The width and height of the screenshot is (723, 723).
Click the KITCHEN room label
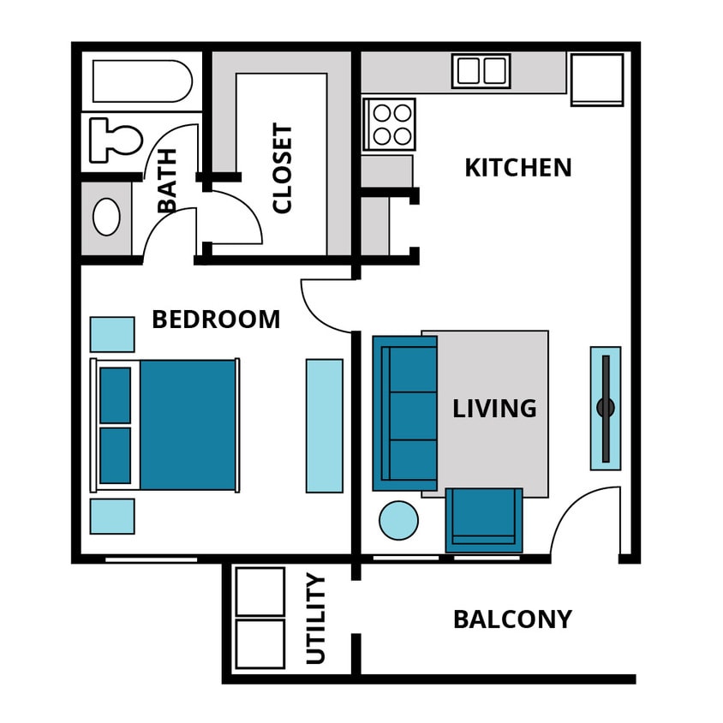(517, 168)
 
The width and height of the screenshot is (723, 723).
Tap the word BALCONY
(512, 619)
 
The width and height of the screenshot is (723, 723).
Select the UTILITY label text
(316, 619)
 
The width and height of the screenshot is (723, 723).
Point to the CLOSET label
(282, 169)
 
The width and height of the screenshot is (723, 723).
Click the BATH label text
(167, 180)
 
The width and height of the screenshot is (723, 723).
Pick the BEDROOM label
(216, 320)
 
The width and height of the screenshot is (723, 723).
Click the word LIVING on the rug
(494, 409)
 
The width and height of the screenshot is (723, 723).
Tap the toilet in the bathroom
(115, 140)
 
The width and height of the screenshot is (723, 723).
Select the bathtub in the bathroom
(141, 81)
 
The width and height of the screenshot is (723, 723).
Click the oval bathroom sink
(106, 217)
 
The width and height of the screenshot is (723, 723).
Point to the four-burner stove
(389, 124)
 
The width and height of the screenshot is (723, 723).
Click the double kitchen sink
(481, 71)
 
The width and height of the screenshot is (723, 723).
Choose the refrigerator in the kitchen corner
(597, 79)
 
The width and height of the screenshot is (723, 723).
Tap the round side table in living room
(398, 520)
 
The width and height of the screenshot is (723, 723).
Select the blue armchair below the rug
(484, 519)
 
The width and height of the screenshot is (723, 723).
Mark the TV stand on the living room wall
(606, 408)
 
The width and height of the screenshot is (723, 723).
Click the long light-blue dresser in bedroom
(325, 425)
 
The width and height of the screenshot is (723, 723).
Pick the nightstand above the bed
(112, 334)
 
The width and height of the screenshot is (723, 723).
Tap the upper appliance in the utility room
(260, 591)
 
